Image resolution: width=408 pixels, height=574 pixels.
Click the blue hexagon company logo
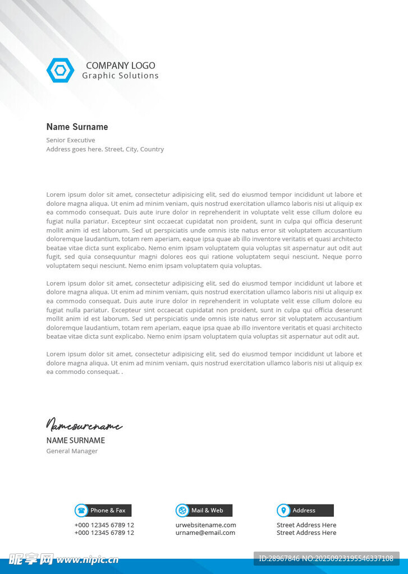pyautogui.click(x=60, y=70)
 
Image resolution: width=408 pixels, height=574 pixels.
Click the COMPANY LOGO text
pyautogui.click(x=121, y=66)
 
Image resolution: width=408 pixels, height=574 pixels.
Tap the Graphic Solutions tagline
pyautogui.click(x=120, y=76)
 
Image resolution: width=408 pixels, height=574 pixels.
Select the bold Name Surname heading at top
pyautogui.click(x=77, y=127)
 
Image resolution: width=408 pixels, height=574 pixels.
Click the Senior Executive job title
pyautogui.click(x=71, y=140)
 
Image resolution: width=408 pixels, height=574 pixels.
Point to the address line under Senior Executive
pyautogui.click(x=105, y=149)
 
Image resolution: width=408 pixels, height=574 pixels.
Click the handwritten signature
pyautogui.click(x=84, y=425)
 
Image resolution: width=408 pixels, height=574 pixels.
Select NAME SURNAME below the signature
pyautogui.click(x=76, y=441)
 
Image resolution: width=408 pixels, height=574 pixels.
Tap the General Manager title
pyautogui.click(x=72, y=451)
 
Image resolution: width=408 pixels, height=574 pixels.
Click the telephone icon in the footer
pyautogui.click(x=81, y=510)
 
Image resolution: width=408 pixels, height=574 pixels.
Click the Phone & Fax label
pyautogui.click(x=108, y=510)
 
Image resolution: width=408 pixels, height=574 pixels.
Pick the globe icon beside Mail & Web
pyautogui.click(x=182, y=510)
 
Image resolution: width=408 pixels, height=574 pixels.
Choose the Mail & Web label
pyautogui.click(x=208, y=510)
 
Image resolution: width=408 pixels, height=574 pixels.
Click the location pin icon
pyautogui.click(x=283, y=510)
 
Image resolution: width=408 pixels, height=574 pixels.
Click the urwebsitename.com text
pyautogui.click(x=206, y=525)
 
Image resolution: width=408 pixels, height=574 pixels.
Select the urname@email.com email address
pyautogui.click(x=205, y=533)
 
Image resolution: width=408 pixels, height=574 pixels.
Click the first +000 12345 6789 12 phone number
pyautogui.click(x=104, y=525)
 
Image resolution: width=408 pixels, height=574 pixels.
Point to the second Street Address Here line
pyautogui.click(x=306, y=533)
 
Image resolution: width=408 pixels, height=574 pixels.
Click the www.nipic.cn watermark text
pyautogui.click(x=88, y=559)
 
